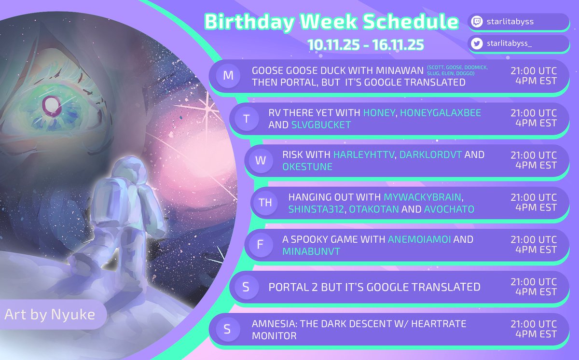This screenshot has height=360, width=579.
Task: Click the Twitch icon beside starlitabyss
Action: tap(477, 22)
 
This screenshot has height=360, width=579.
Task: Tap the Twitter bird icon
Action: tap(477, 44)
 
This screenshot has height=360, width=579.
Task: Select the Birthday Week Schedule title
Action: tap(331, 21)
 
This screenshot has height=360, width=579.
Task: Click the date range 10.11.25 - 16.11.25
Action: tap(366, 44)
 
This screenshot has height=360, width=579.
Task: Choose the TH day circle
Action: tap(265, 203)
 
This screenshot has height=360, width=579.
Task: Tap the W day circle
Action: tap(261, 161)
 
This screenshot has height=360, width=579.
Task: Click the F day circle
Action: tap(261, 245)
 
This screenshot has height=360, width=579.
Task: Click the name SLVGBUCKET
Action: tap(321, 125)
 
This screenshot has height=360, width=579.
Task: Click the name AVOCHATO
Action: tap(449, 209)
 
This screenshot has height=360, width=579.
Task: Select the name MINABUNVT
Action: tap(312, 250)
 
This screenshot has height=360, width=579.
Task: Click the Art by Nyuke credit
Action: tap(50, 315)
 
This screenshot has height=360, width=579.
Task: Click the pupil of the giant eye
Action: tap(49, 103)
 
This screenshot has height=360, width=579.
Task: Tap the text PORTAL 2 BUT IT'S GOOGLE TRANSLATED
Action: tap(374, 287)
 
